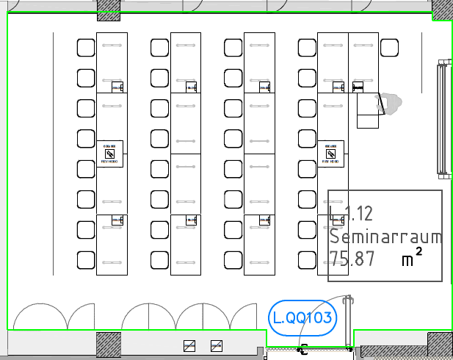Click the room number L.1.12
coord(352,215)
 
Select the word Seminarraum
coord(385,237)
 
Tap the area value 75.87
coord(352,259)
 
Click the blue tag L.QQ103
coord(301,319)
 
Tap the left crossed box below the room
coord(189,345)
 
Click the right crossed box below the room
coord(216,345)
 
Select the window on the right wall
coord(442,121)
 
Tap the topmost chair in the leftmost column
coord(86,48)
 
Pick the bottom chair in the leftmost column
coord(86,259)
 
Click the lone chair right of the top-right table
coord(389,48)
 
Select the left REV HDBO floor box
coord(109,154)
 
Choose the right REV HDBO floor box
coord(330,154)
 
